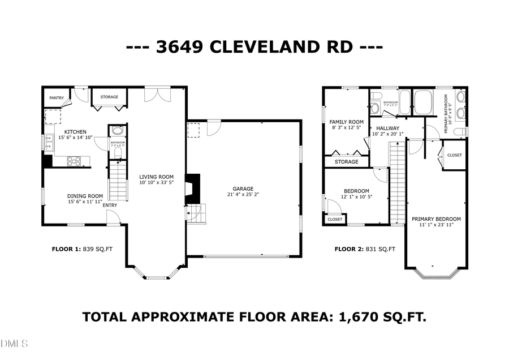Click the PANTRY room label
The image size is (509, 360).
(x=57, y=98)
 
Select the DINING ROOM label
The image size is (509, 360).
(x=85, y=196)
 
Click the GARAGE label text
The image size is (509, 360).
(x=243, y=189)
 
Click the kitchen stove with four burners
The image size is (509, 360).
(x=74, y=161)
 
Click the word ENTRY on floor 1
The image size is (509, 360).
(x=110, y=205)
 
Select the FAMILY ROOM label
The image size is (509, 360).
(x=347, y=122)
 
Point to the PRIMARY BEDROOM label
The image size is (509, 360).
(x=435, y=219)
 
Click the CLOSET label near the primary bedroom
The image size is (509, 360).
(x=454, y=155)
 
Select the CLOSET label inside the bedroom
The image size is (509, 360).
(x=335, y=219)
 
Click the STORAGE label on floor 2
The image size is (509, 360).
(x=346, y=162)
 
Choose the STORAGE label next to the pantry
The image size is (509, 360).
(x=109, y=97)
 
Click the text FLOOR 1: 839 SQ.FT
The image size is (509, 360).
(x=86, y=248)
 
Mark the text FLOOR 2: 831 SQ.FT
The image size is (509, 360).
(x=364, y=248)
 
